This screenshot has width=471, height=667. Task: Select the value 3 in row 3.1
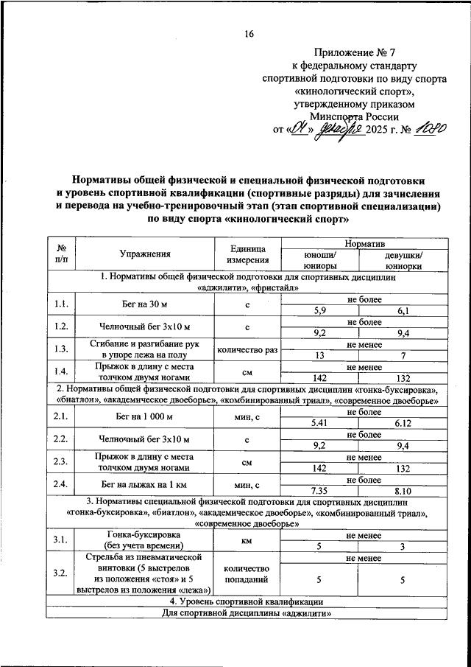403,546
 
